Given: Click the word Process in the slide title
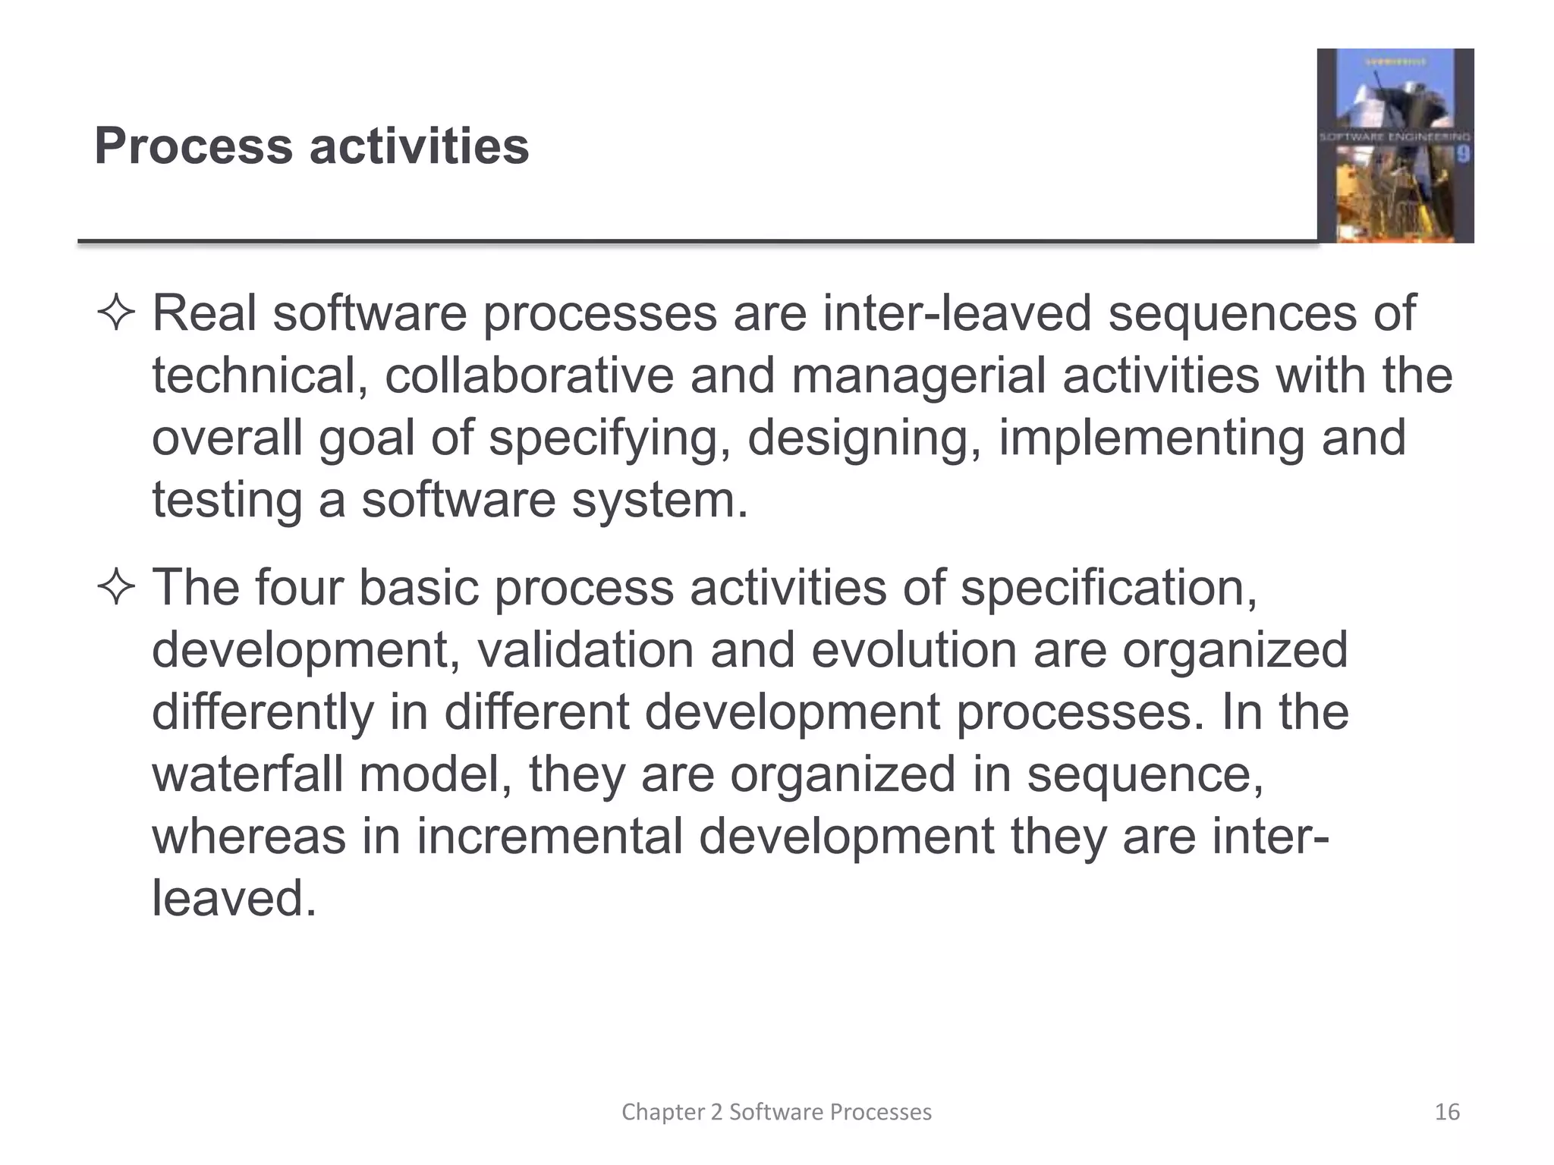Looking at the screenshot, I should [193, 146].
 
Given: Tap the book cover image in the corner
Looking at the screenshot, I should [1395, 146].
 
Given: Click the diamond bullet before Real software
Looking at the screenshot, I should [116, 314].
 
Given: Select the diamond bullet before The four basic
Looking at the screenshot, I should [116, 589].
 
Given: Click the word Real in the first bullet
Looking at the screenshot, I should [204, 313].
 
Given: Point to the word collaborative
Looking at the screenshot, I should [529, 375].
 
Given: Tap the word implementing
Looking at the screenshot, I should [1151, 439].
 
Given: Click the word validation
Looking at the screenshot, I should [585, 650].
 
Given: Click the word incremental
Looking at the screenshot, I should [549, 837].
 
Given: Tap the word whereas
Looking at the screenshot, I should [248, 837].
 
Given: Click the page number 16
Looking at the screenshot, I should [1447, 1112].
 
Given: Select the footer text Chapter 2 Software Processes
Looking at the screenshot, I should [776, 1112].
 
